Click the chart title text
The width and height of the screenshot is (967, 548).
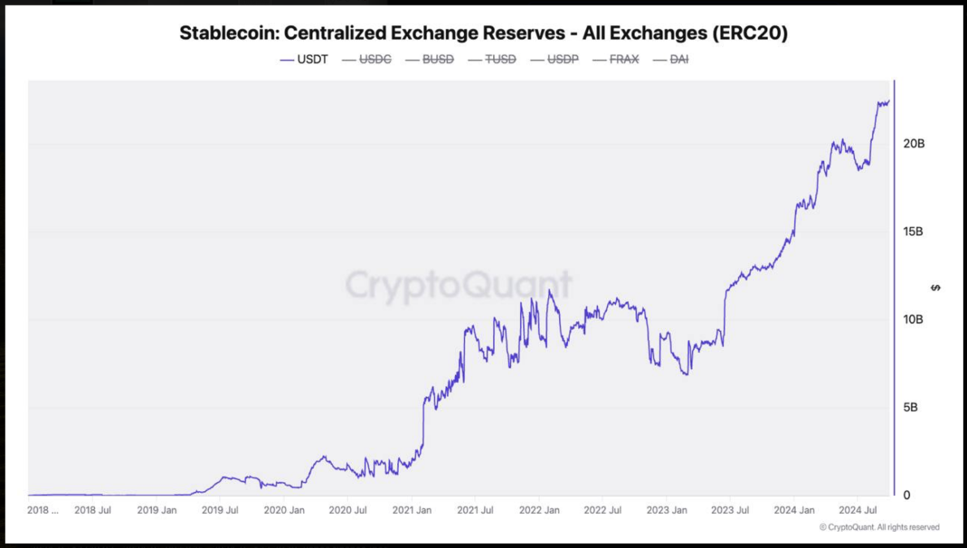pos(483,33)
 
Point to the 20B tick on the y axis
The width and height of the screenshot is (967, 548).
pos(913,144)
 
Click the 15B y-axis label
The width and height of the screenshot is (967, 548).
pos(913,231)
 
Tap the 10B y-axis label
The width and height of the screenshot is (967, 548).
pos(913,319)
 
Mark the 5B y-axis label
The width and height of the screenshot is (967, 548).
pos(910,407)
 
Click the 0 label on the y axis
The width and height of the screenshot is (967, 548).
pos(907,494)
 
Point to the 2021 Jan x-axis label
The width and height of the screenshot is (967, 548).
pos(412,511)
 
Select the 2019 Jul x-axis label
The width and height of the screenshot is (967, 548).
pos(219,511)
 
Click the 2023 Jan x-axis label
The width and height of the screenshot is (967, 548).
pos(666,511)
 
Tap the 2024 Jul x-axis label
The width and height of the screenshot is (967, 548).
pos(857,511)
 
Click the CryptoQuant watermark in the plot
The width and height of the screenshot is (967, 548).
pos(458,286)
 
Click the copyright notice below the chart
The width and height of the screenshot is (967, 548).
pos(879,528)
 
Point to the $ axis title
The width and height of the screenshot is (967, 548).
pos(936,287)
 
